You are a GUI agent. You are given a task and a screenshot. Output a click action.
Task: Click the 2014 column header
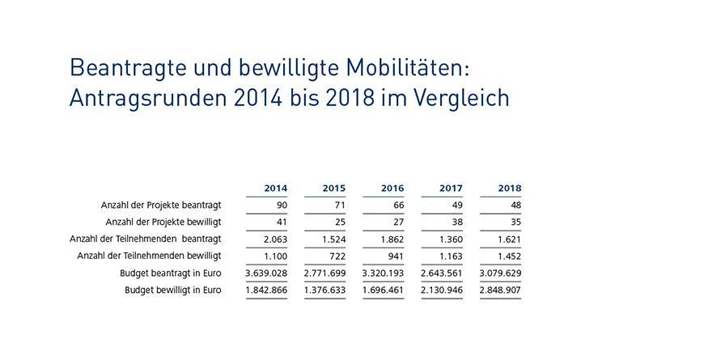coord(275,188)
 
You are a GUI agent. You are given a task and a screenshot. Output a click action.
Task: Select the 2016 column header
coord(392,188)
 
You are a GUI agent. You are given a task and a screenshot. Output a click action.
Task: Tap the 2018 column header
coord(510,188)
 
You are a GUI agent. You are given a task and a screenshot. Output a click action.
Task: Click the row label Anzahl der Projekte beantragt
coord(161,205)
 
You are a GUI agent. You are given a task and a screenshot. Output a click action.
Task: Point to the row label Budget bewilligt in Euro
coord(172,290)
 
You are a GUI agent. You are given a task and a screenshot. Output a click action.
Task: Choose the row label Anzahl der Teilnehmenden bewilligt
coord(149,256)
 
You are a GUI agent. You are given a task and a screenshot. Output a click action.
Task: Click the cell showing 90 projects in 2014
coord(281,205)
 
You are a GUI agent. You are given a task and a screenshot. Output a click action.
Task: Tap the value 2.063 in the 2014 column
coord(274,239)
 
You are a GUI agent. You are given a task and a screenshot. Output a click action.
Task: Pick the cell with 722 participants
coord(337,256)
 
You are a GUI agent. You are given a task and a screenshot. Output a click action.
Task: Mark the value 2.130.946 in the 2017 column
coord(442,290)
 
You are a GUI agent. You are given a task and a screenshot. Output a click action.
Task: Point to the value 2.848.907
coord(500,290)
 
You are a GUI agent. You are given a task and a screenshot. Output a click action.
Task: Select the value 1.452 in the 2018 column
coord(508,256)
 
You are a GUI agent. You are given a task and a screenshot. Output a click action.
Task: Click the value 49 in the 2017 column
coord(456,205)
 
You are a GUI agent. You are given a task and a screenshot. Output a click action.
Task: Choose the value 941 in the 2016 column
coord(395,256)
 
